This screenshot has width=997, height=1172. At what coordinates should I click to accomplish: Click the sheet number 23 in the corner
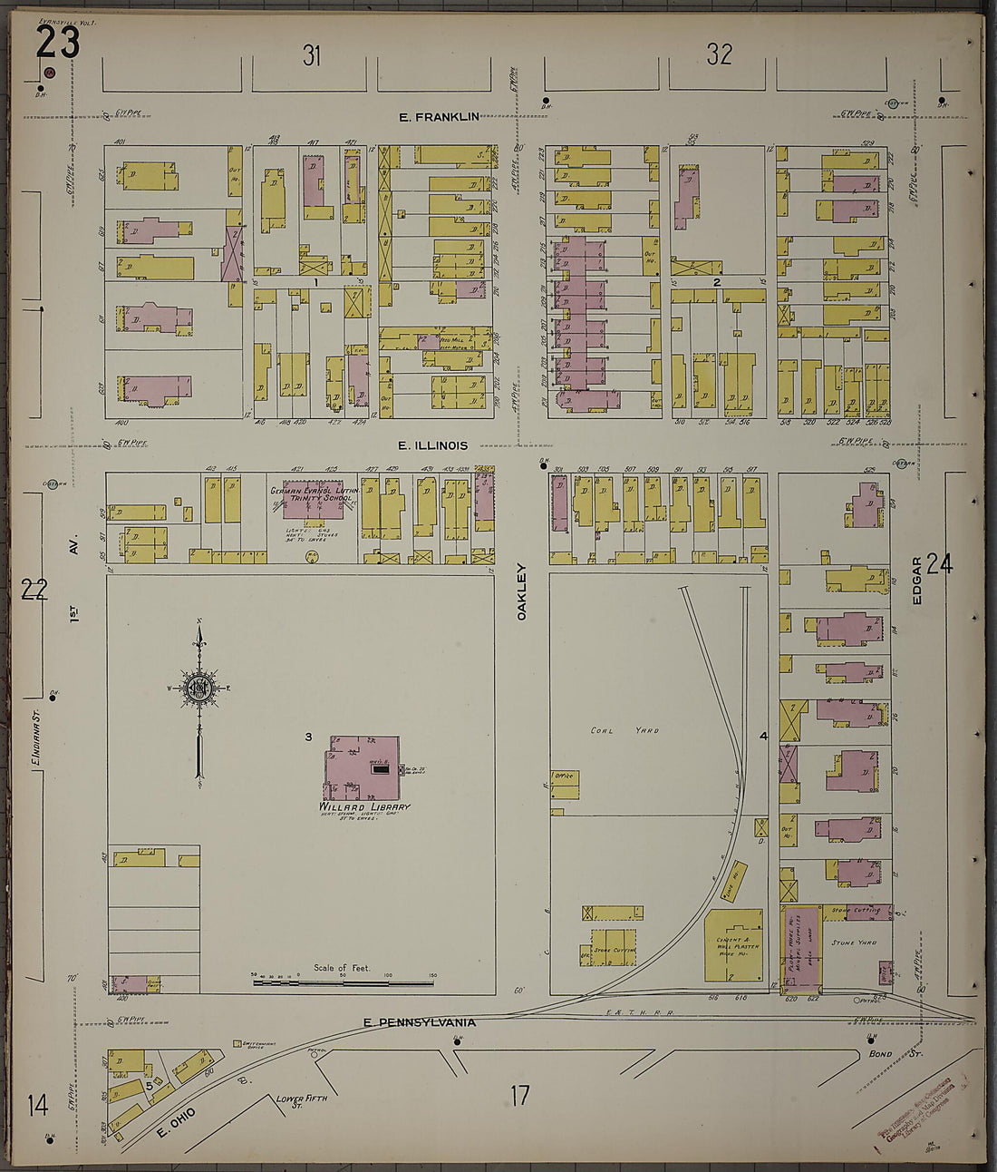(x=58, y=42)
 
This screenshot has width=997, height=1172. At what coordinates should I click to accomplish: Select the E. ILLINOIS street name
(x=433, y=445)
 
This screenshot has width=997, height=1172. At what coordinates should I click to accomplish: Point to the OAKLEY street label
(x=521, y=591)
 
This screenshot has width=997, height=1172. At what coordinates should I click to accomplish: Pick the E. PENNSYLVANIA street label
(x=419, y=1022)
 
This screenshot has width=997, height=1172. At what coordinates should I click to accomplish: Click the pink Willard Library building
(x=363, y=767)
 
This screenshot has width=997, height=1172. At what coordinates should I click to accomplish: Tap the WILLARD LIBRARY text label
(x=363, y=807)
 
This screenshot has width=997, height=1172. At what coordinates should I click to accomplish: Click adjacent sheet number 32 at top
(x=719, y=54)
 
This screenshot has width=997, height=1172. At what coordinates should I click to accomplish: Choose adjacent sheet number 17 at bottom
(x=518, y=1096)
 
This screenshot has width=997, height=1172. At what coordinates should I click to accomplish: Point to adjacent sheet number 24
(x=940, y=564)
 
